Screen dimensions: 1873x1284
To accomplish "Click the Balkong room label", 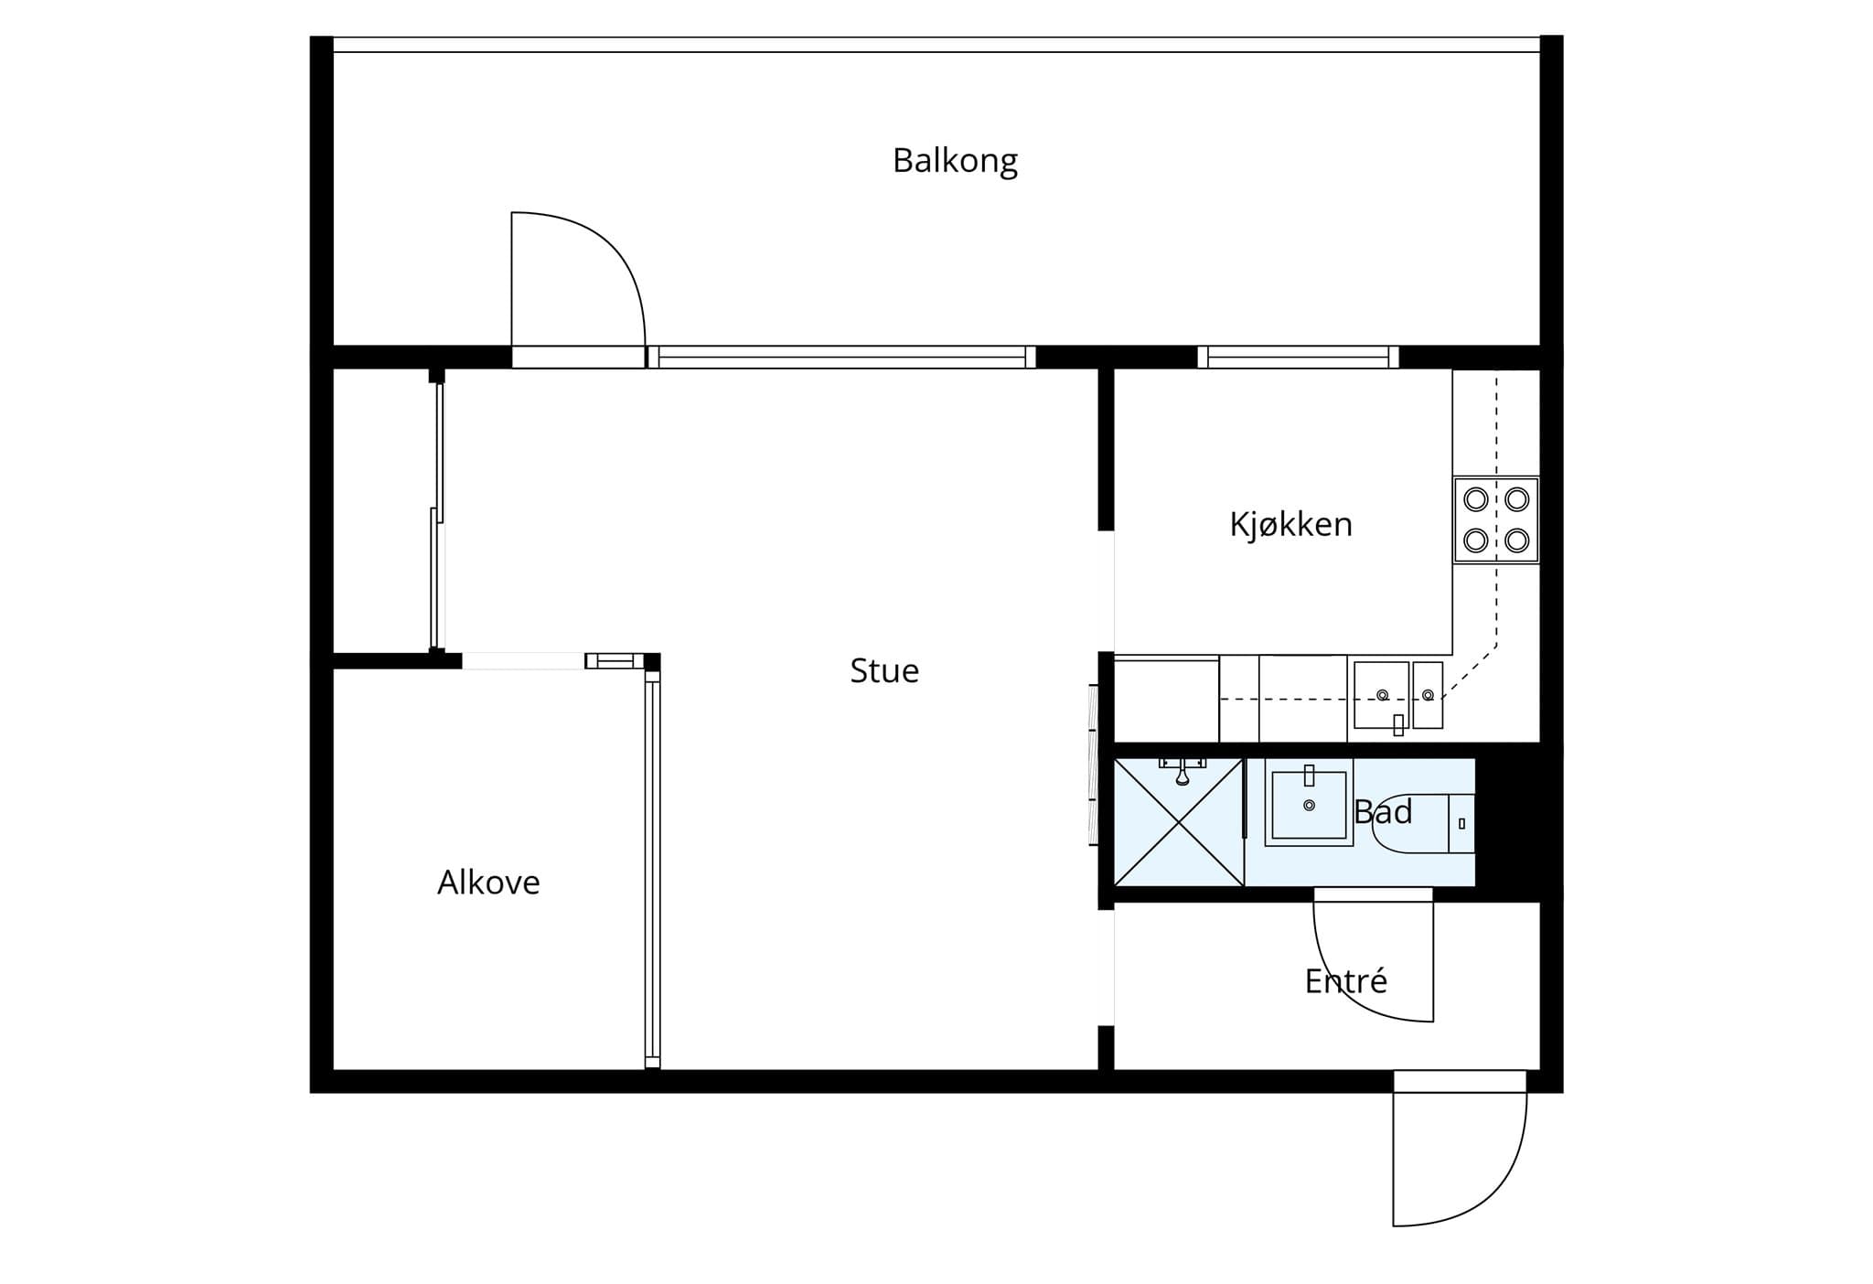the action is point(955,161).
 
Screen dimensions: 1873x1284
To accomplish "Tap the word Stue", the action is point(884,671).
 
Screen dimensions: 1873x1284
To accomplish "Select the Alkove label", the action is point(488,883).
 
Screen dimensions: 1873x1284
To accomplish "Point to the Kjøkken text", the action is point(1290,524).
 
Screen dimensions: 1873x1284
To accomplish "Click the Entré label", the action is point(1346,981).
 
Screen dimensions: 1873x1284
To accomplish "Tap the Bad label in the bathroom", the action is point(1383,812).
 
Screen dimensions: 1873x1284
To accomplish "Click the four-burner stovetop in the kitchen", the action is point(1496,519).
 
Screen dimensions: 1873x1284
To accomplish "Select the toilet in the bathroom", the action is point(1423,823).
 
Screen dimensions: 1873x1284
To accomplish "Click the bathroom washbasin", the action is point(1309,802).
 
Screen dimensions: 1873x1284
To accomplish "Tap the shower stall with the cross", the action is point(1180,822).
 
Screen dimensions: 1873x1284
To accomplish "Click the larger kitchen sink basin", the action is point(1381,695).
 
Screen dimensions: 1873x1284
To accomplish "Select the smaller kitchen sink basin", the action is point(1428,695).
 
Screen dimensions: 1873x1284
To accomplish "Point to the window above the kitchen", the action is point(1298,357).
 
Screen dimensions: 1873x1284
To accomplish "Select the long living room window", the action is point(841,357).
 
